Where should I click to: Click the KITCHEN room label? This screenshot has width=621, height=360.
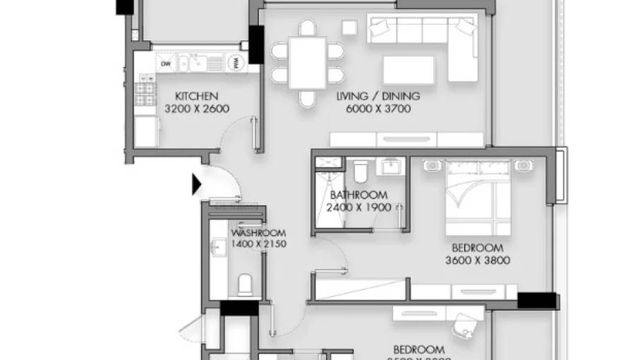[x=196, y=96]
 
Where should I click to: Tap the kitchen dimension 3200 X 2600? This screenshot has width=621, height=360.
[x=196, y=109]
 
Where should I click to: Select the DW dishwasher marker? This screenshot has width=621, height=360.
[x=167, y=64]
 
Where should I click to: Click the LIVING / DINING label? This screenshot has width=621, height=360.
[x=378, y=96]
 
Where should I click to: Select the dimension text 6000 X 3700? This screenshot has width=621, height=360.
[x=378, y=109]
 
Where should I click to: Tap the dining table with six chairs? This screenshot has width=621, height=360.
[x=308, y=63]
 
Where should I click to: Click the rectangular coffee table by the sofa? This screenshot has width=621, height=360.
[x=409, y=71]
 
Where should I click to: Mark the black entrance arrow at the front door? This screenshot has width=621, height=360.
[x=197, y=185]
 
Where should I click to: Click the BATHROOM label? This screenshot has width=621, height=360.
[x=358, y=195]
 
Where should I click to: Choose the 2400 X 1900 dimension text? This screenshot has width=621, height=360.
[x=358, y=208]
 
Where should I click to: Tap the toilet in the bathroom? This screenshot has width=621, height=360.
[x=360, y=171]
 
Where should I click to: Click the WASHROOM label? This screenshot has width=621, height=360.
[x=258, y=233]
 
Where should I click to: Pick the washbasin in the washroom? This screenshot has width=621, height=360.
[x=217, y=247]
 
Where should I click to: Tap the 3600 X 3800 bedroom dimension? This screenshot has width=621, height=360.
[x=478, y=260]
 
